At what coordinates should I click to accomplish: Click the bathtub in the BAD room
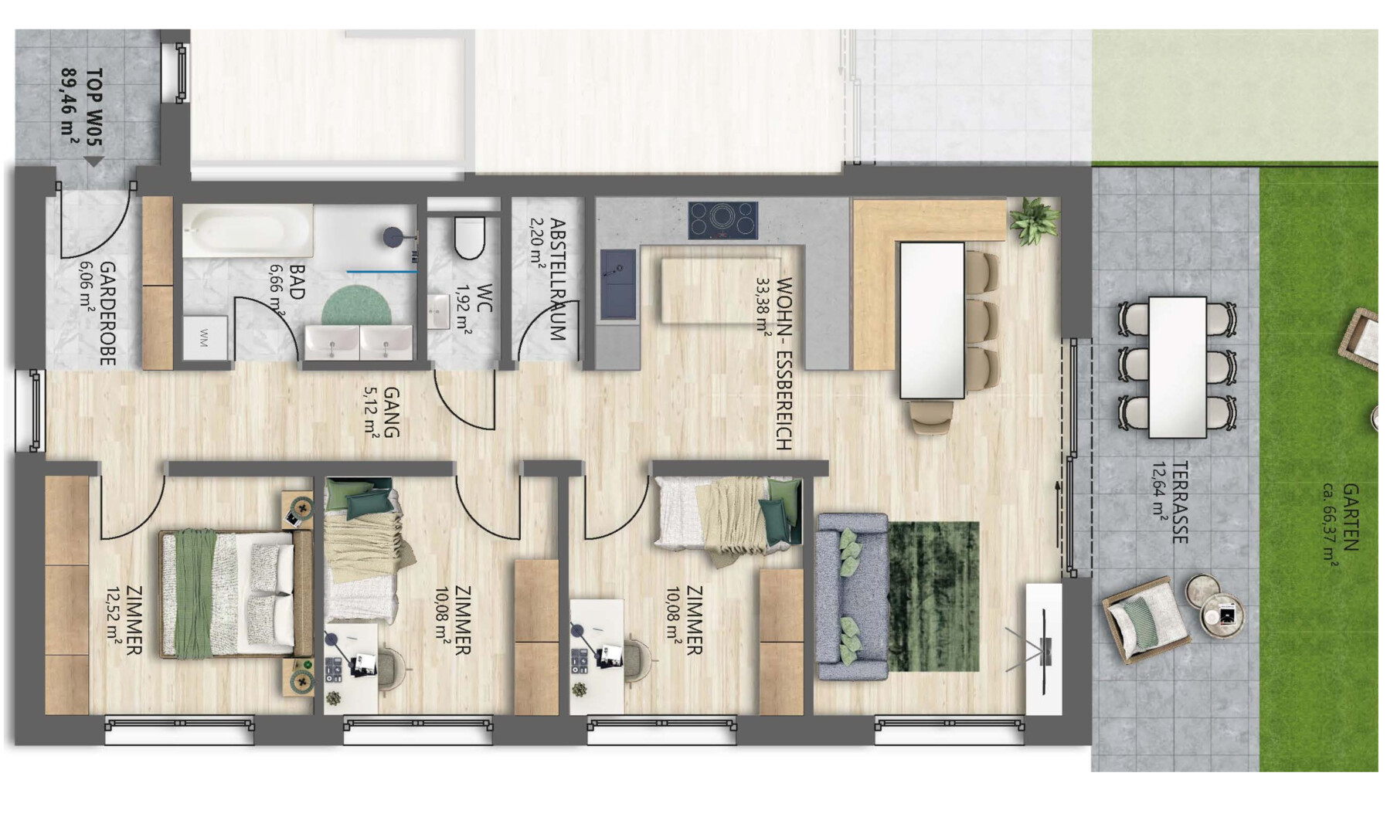(x=248, y=230)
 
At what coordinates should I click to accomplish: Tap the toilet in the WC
(x=470, y=236)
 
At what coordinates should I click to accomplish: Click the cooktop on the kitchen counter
(x=723, y=220)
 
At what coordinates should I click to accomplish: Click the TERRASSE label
(x=1179, y=503)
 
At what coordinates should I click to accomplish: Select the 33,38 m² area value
(x=764, y=304)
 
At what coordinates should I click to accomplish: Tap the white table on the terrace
(x=1177, y=367)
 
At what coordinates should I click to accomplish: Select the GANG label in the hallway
(x=391, y=412)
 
